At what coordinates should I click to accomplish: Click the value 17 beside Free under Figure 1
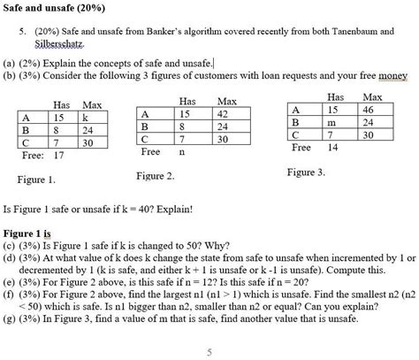60,154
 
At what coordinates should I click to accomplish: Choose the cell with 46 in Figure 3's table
369,108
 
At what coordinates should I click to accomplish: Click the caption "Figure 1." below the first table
36,180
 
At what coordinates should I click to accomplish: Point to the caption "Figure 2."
157,177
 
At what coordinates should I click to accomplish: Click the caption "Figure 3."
306,172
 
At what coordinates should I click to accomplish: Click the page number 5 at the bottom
209,350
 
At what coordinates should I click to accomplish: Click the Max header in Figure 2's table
227,102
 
